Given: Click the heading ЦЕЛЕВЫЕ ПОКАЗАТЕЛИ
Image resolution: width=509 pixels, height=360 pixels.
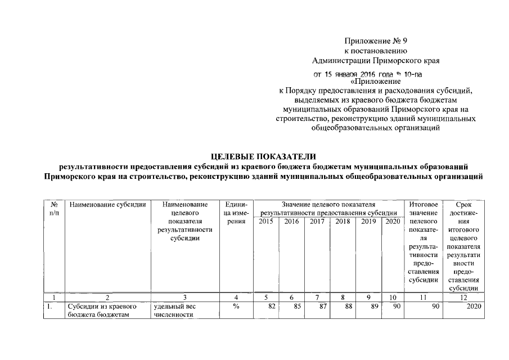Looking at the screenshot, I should point(263,156).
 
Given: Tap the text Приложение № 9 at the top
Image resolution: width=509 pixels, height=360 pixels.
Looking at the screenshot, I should point(375,40).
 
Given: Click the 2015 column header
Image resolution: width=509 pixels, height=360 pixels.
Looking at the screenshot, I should point(267,222).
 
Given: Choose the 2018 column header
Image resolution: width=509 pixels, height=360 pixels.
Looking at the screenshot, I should point(342,222).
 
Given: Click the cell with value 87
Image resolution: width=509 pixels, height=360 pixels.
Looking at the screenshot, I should point(316,307).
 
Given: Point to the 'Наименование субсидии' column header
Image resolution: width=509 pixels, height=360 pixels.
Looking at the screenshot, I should point(107,205).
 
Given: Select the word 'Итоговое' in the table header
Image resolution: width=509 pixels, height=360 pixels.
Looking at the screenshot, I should point(424,205).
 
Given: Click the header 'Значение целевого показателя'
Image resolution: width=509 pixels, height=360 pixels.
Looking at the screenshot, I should point(329,205).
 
